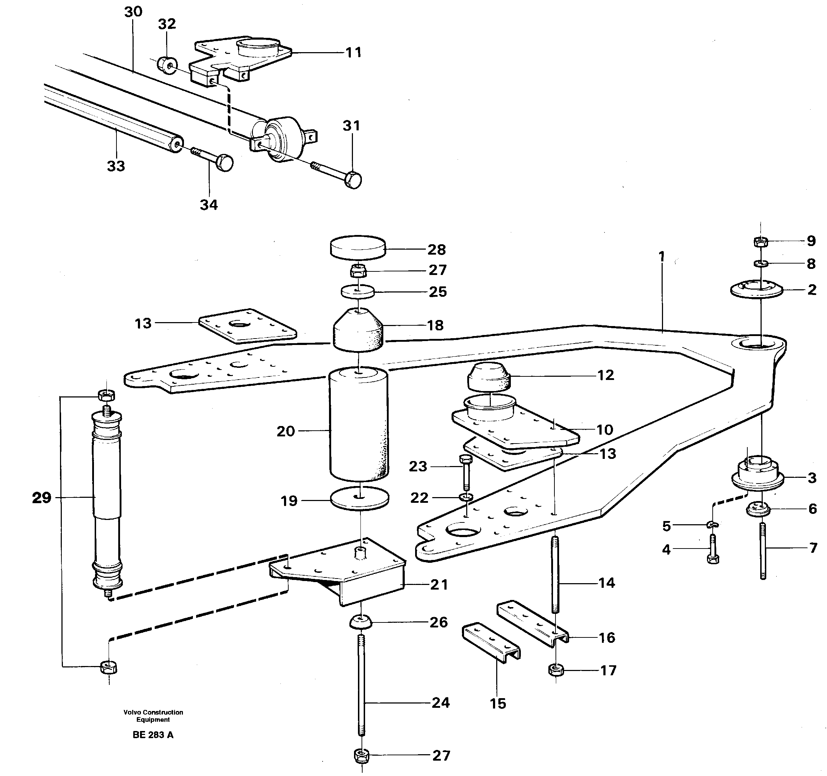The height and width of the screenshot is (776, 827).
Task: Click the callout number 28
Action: tap(437, 250)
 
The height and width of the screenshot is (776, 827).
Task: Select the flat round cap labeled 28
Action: tap(358, 248)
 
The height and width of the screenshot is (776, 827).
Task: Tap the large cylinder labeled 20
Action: tap(359, 424)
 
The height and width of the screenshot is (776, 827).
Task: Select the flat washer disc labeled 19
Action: tap(359, 498)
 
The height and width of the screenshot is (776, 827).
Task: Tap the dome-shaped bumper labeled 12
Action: tap(489, 376)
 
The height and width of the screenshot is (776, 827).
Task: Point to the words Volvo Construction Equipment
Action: tap(153, 716)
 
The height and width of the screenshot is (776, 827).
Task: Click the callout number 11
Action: tap(353, 52)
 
